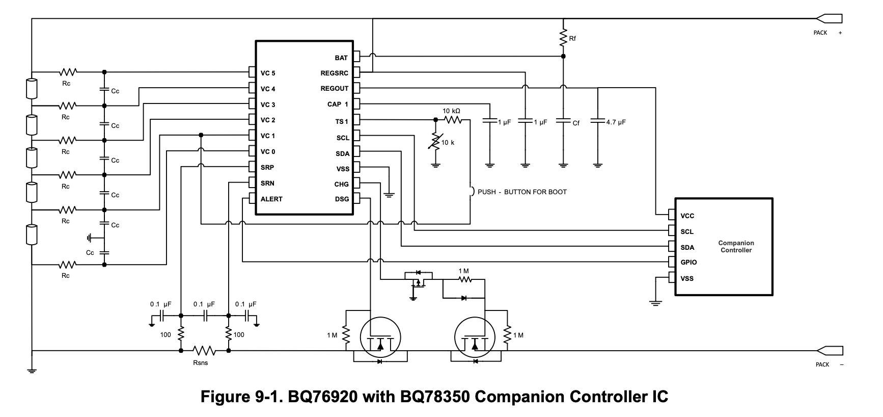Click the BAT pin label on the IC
tap(341, 58)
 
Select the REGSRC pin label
tap(334, 73)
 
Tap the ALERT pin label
tap(271, 199)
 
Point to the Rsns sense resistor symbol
tap(204, 351)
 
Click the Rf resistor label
tap(573, 39)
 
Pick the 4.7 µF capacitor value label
tap(616, 123)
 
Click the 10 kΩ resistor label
tap(451, 111)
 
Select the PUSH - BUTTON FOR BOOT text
tap(522, 192)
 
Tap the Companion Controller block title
tap(736, 247)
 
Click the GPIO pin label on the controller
tap(688, 263)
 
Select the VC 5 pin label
tap(268, 73)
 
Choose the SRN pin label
tap(267, 184)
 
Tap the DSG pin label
tap(342, 199)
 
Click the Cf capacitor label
tap(576, 123)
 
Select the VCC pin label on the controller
tap(687, 216)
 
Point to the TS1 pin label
tap(342, 122)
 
